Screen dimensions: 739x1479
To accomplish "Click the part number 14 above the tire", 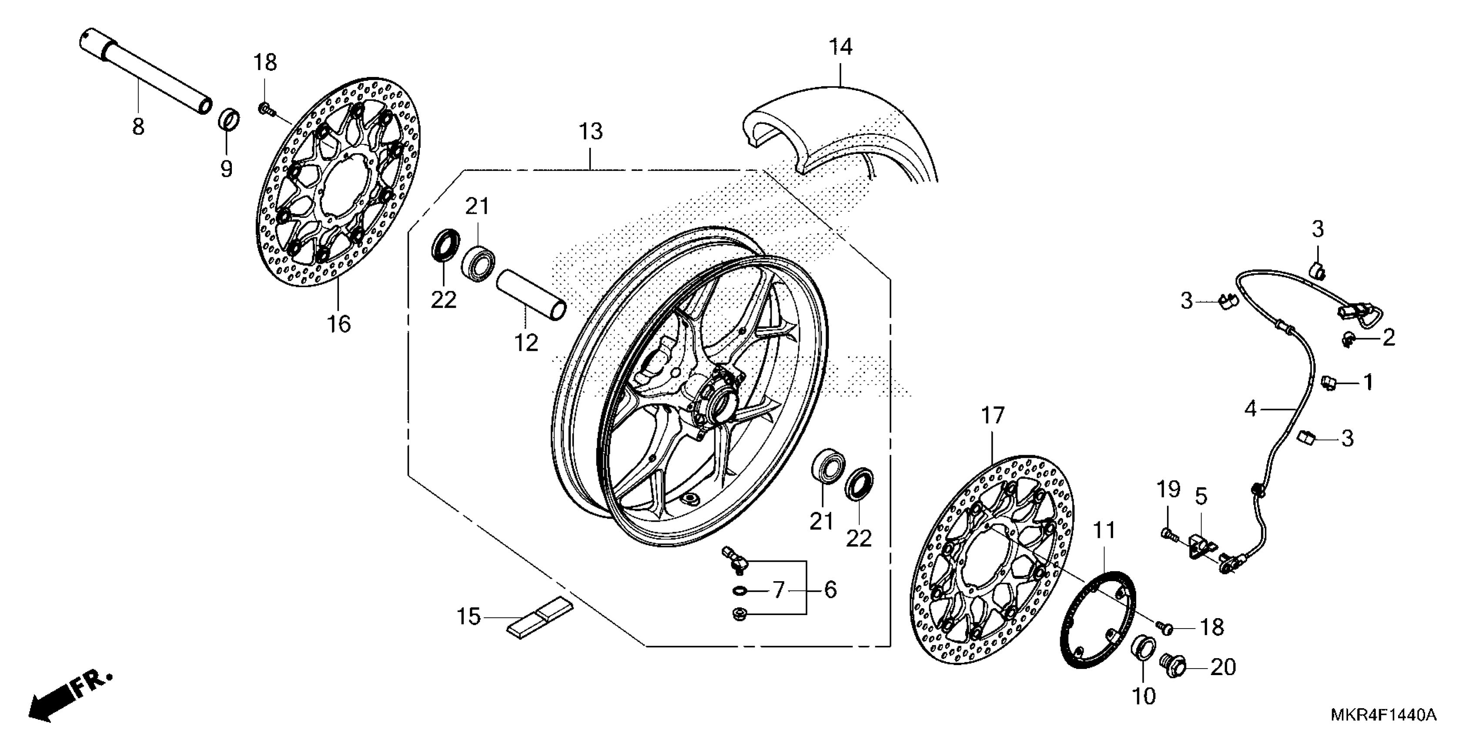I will click(x=840, y=47).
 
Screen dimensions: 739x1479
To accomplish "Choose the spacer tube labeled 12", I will click(x=531, y=296).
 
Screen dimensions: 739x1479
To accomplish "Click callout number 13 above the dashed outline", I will click(x=591, y=132).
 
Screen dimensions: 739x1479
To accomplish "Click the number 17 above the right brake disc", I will click(x=993, y=416).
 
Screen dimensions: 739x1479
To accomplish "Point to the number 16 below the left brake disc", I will click(x=339, y=325).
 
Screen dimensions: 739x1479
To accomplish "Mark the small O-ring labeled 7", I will click(x=741, y=590).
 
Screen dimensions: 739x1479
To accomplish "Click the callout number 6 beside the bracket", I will click(x=830, y=590).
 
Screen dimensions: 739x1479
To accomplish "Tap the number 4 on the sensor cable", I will click(x=1251, y=409).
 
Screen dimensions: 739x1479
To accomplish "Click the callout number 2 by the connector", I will click(x=1388, y=337).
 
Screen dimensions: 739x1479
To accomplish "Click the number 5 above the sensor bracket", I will click(x=1201, y=497).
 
